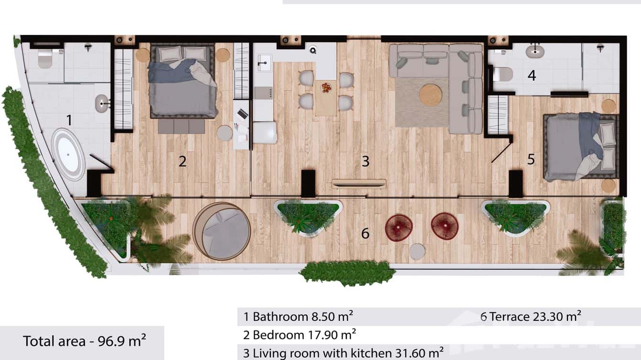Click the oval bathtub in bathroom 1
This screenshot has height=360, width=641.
point(68,154)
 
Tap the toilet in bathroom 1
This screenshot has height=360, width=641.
point(45,58)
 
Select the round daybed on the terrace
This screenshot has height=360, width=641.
point(222,231)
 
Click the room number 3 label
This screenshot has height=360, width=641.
point(365,161)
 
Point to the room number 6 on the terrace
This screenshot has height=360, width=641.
point(365,233)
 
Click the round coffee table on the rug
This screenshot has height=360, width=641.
point(431,95)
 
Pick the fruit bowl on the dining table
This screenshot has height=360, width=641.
point(326,87)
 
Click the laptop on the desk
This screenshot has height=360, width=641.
point(243,114)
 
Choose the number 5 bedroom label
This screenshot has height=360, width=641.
point(531,159)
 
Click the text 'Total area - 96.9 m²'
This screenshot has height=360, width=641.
point(85,341)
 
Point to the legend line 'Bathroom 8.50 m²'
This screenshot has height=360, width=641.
point(299,316)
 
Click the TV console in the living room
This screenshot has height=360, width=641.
point(359,183)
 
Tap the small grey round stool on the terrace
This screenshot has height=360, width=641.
point(417,252)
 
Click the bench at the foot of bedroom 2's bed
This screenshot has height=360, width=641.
point(182,127)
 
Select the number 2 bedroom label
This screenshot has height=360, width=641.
point(182,161)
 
